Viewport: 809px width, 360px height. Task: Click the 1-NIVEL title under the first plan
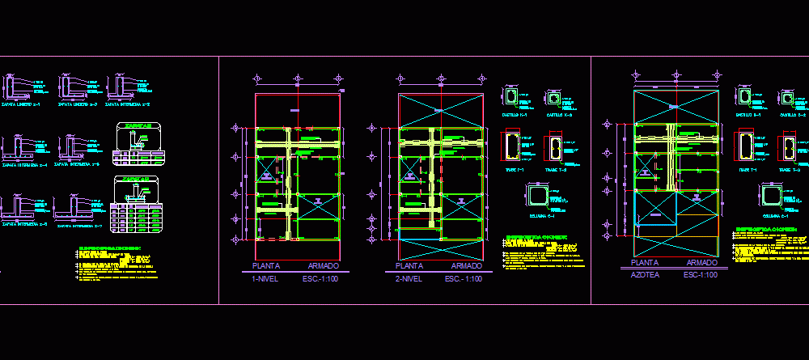pos(266,279)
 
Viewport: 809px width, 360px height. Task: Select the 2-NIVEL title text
pos(409,279)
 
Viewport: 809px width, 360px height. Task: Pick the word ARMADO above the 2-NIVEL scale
pos(466,266)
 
